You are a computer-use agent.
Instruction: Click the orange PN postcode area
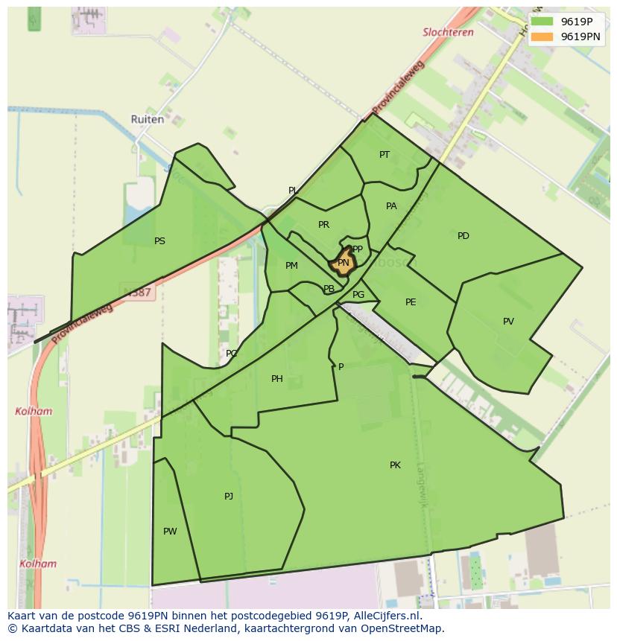[x=343, y=263]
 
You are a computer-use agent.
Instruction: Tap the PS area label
[x=159, y=241]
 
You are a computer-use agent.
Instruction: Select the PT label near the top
[x=385, y=155]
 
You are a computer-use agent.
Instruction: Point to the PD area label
[x=463, y=236]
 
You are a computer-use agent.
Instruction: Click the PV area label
[x=508, y=322]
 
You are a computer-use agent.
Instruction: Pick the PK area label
[x=395, y=465]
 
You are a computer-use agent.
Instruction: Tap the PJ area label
[x=229, y=497]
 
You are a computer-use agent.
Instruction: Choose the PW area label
[x=170, y=532]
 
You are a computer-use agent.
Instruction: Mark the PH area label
[x=277, y=379]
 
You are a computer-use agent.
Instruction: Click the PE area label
[x=411, y=302]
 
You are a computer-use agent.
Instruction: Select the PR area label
[x=323, y=225]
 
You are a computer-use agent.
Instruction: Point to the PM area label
[x=291, y=266]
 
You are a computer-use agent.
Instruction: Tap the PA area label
[x=391, y=206]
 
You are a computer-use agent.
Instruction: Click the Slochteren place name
[x=448, y=33]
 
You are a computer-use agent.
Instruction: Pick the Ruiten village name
[x=147, y=119]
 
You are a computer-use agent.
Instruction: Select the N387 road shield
[x=137, y=293]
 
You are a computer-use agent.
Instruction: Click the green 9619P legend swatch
[x=542, y=22]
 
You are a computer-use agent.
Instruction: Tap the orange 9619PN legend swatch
[x=542, y=36]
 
